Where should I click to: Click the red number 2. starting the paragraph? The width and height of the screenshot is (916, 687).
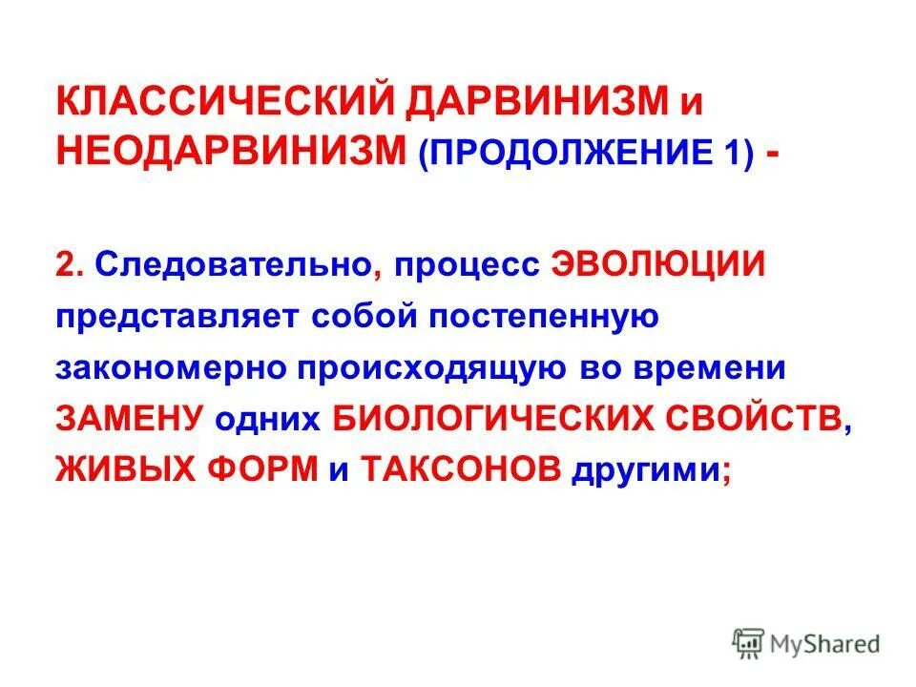point(71,265)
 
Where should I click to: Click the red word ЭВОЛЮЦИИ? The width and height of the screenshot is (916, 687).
point(658,265)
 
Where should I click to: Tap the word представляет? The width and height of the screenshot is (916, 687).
point(177,317)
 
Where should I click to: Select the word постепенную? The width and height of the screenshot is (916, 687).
point(533,317)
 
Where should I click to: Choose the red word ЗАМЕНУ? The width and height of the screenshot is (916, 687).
point(130,420)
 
